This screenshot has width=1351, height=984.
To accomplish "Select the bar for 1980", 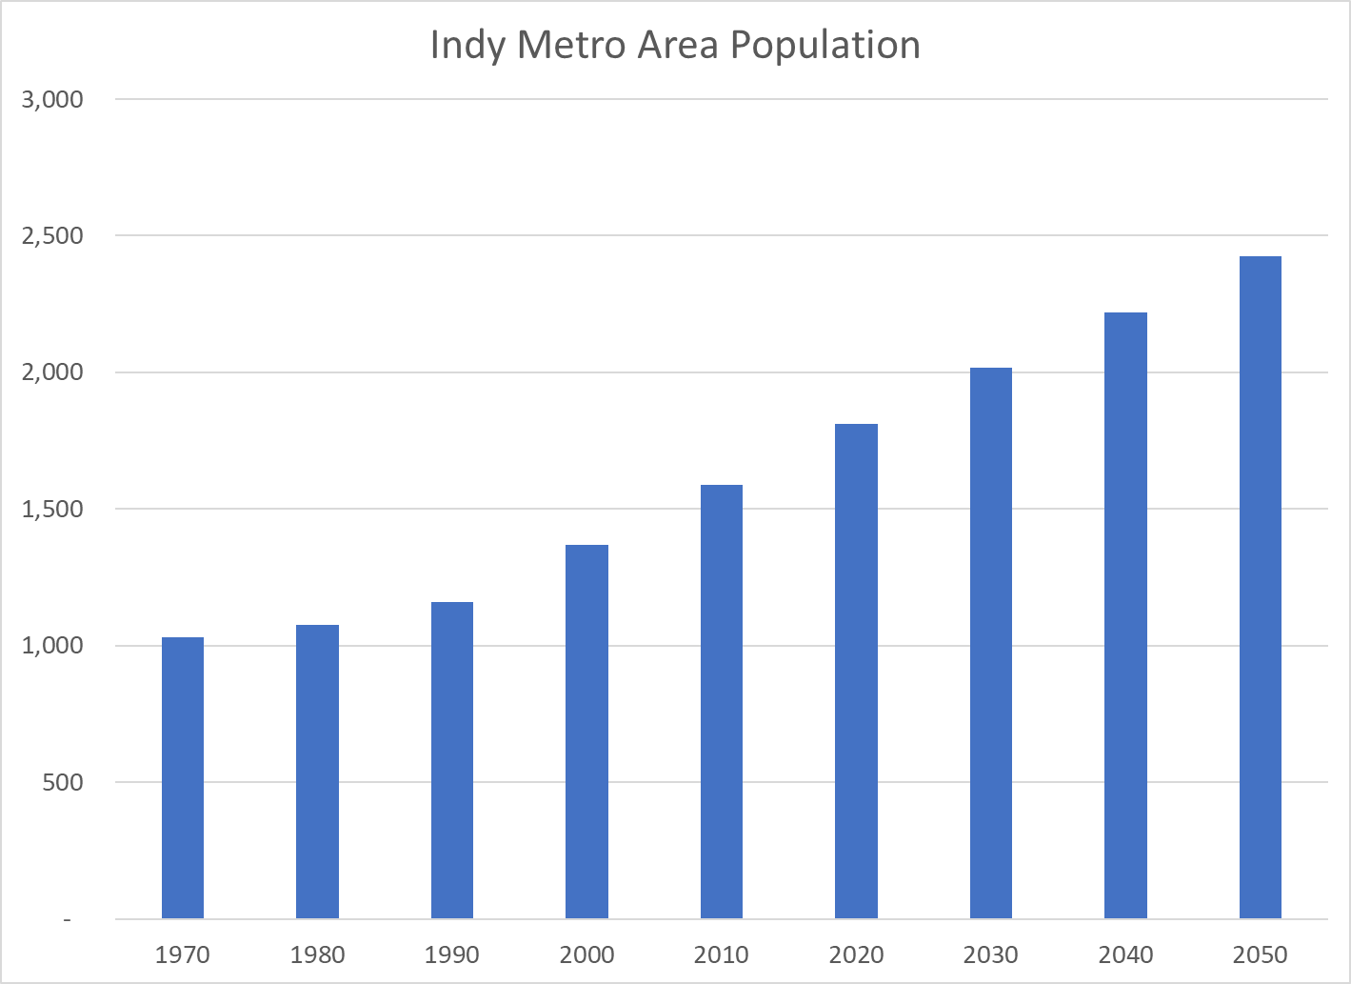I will (x=317, y=772).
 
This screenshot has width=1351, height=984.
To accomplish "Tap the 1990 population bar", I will (x=452, y=760).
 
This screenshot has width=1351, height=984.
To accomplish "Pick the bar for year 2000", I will (x=586, y=732).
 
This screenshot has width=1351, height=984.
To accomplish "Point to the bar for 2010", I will (x=722, y=702).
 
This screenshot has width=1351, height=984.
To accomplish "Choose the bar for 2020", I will (x=856, y=672).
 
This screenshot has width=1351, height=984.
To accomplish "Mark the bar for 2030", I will (x=991, y=643).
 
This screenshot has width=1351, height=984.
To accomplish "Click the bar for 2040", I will (x=1125, y=615).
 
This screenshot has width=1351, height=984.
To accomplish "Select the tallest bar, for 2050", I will (x=1261, y=588).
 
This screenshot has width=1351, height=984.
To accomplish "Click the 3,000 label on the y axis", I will (x=52, y=99).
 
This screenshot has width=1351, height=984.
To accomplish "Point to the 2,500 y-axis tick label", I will (x=52, y=235).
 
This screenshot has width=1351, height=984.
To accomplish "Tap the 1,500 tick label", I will (x=52, y=509).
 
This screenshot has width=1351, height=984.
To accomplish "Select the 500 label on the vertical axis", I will (x=63, y=782).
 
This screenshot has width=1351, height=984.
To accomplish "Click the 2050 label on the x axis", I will (x=1261, y=954).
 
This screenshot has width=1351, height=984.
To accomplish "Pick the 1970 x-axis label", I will (x=183, y=954).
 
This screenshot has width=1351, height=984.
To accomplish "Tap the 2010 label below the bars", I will (x=722, y=954).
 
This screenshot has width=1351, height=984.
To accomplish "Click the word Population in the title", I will (x=825, y=46).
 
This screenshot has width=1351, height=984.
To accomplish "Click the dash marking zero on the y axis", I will (x=68, y=919).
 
